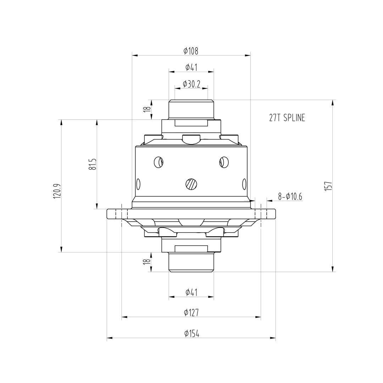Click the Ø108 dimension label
coord(191,51)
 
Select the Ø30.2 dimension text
coord(191,84)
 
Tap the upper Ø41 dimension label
coord(191,67)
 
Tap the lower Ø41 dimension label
coord(191,292)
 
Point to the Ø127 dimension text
coord(191,312)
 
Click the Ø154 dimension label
coord(191,333)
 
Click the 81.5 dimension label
coord(92,164)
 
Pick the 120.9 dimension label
coord(57,191)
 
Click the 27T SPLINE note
coord(287,118)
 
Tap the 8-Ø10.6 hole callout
coord(290,196)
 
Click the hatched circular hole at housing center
coord(191,184)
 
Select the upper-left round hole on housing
coord(159,162)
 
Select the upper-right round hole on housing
coord(224,162)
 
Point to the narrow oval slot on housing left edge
coord(138,184)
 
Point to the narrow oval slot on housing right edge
coord(244,184)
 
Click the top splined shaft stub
coord(191,109)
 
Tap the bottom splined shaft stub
coord(191,262)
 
